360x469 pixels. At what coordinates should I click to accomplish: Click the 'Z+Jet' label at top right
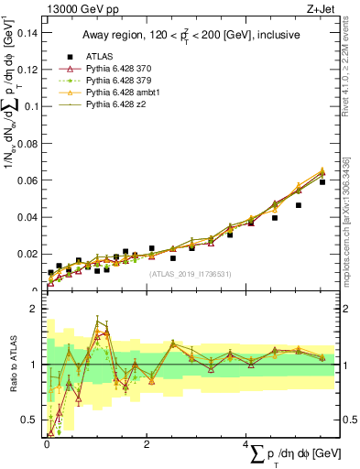click(316, 10)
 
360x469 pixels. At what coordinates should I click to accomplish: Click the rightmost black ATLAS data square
click(322, 182)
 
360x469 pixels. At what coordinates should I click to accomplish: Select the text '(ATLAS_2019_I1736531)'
click(191, 274)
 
